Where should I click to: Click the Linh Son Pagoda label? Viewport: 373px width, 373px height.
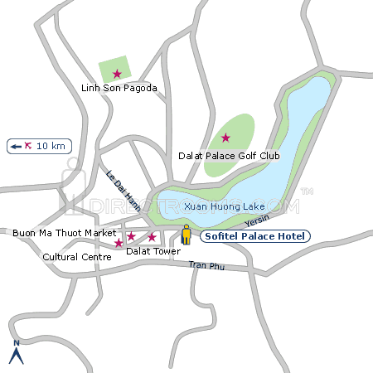pos(119,88)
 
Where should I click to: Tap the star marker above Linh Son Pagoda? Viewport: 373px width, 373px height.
pos(117,74)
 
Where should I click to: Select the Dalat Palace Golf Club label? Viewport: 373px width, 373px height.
pos(230,155)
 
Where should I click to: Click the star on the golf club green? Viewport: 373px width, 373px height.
pos(225,138)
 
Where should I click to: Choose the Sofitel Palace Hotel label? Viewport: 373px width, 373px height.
pos(255,236)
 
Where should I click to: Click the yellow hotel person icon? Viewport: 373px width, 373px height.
pos(186,235)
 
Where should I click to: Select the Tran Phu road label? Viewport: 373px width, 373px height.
pos(206,265)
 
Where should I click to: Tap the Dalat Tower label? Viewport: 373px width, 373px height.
pos(153,250)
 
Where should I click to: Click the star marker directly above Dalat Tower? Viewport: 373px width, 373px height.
pos(152,237)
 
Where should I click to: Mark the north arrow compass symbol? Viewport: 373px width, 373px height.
pos(16,353)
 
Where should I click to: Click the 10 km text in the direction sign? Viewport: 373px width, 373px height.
pos(51,146)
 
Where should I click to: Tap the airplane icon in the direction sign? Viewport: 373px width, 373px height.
pos(29,146)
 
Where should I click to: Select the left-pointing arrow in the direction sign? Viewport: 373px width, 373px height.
pos(15,146)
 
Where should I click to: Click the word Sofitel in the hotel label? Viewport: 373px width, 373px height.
pos(222,236)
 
